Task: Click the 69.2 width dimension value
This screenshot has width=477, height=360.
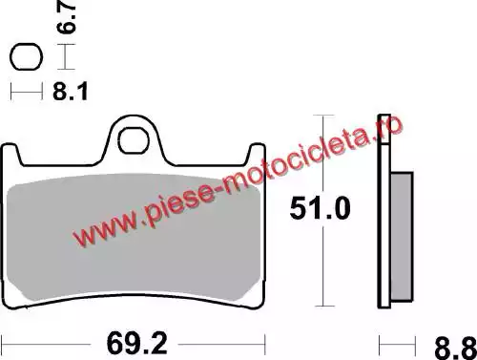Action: (136, 344)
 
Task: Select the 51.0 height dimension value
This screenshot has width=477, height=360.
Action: (320, 208)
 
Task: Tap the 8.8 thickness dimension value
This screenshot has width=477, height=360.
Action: (455, 349)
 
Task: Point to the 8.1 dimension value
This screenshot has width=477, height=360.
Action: (71, 92)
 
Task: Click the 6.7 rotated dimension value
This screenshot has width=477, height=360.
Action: (66, 16)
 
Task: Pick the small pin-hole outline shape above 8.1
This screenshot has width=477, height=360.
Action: (26, 56)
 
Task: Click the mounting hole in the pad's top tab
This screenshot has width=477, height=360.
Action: (134, 140)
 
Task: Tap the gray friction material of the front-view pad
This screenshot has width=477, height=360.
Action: (134, 237)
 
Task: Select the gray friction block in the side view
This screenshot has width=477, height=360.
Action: (402, 237)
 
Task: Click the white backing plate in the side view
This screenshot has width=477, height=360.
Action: (384, 211)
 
